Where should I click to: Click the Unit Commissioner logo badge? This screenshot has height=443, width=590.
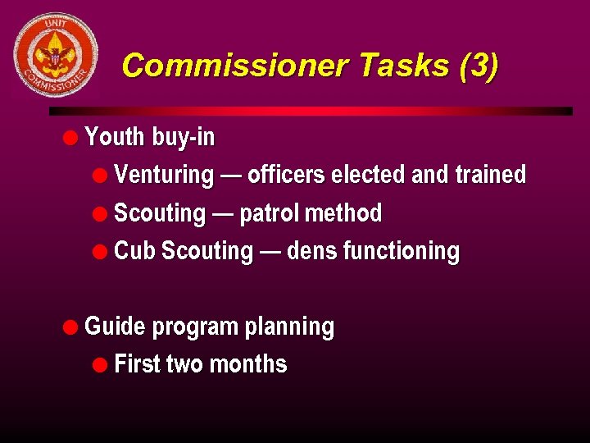[56, 55]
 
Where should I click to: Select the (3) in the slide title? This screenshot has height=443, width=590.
[479, 65]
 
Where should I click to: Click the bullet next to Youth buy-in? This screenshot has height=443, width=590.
[72, 136]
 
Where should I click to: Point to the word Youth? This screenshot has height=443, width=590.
[115, 136]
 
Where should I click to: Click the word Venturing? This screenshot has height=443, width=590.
[164, 175]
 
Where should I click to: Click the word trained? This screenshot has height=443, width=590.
[491, 175]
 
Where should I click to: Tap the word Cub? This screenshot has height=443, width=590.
[134, 251]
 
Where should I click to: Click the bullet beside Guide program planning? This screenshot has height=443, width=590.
[72, 327]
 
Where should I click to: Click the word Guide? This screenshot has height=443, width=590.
[115, 327]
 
